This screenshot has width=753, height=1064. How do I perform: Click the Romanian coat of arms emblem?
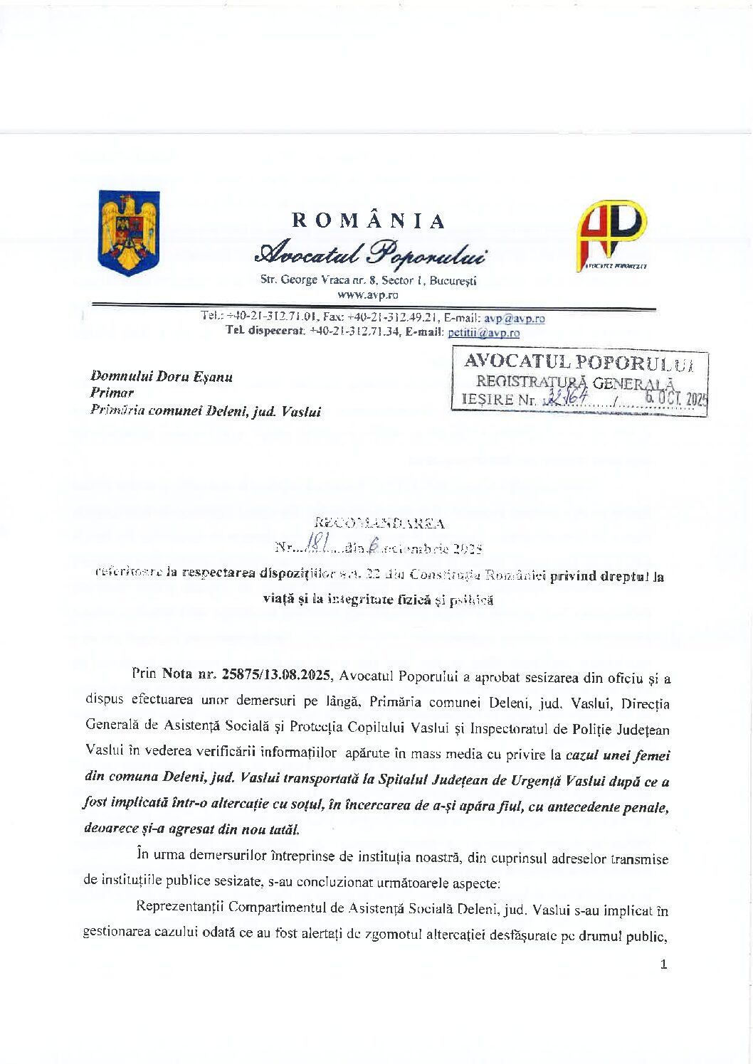coord(129,232)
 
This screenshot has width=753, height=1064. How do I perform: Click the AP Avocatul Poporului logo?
coord(611,235)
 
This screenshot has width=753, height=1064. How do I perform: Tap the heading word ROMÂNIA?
coord(369,220)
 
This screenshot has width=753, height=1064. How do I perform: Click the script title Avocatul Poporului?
coord(371,252)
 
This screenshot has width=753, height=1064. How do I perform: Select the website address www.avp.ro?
coord(368,294)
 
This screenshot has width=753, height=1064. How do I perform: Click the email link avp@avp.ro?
coord(515,318)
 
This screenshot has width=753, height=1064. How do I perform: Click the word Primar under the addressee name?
coord(112,393)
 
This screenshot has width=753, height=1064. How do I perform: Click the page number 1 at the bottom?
coord(663,964)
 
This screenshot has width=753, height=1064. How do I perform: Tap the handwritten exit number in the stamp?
coord(567,398)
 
